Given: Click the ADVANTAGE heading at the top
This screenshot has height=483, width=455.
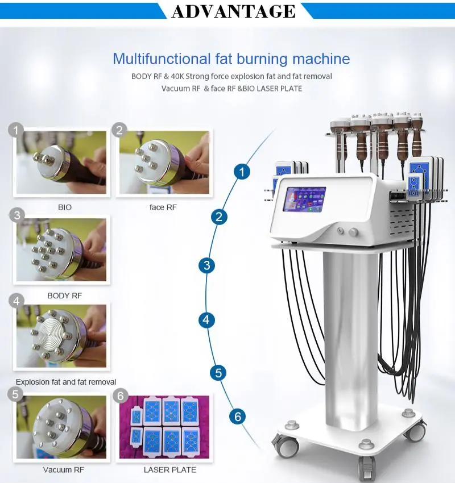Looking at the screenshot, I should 233,11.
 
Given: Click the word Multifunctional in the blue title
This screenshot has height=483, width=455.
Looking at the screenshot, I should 148,59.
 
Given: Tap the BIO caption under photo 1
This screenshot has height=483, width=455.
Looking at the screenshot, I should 65,207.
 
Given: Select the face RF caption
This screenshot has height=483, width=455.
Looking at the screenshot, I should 163,207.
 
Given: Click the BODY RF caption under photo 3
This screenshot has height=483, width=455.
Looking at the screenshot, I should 65,295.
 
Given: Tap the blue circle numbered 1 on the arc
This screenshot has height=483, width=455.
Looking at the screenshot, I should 243,171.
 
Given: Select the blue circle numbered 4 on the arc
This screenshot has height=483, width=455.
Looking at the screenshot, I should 206,320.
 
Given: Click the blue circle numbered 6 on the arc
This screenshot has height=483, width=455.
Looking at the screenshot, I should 238,417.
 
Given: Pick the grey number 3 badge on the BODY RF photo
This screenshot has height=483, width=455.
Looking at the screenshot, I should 18,215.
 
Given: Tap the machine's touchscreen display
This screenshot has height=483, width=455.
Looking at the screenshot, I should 304,199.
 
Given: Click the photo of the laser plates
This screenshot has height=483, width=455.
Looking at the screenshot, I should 164,427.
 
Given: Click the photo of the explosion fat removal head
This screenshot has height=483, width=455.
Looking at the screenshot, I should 61,336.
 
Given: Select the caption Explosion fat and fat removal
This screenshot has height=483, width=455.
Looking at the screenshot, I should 66,382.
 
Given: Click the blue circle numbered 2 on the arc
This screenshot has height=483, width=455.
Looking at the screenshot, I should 220,216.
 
